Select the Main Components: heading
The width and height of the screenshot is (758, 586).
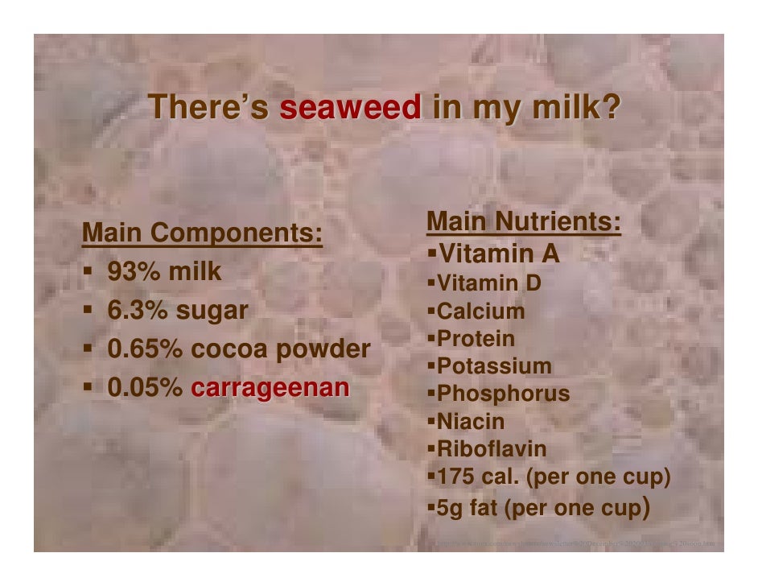(x=203, y=233)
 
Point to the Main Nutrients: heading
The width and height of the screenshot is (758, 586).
(x=524, y=221)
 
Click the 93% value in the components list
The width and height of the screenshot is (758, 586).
(x=133, y=272)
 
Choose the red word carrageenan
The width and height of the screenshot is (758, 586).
(x=270, y=387)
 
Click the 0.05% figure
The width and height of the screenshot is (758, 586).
(x=146, y=387)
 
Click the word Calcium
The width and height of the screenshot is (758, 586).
(x=480, y=311)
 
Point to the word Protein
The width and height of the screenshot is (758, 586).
(x=476, y=339)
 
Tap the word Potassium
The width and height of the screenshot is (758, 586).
(x=494, y=367)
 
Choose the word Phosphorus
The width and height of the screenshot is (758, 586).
(x=503, y=394)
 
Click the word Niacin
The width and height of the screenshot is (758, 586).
(x=471, y=422)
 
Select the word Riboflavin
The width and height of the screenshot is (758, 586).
(x=491, y=449)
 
